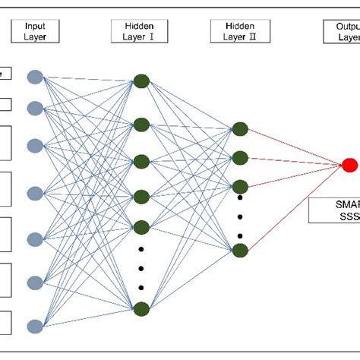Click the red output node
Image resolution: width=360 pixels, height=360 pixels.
coord(350,165)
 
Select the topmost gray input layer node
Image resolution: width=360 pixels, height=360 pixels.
coord(35,76)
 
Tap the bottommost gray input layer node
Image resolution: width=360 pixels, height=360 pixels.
coord(35,326)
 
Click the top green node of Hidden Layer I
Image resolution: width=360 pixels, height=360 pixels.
coord(141,81)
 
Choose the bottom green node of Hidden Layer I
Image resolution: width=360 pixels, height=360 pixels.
coord(141,308)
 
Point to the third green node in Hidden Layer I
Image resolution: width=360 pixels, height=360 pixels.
coord(141,161)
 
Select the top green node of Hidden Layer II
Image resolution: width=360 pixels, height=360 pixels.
coord(240,129)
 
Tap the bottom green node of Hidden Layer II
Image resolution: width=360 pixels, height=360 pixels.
coord(240,250)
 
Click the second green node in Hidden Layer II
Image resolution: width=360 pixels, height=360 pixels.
coord(240,158)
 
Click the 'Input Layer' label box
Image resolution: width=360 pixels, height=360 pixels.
coord(35,31)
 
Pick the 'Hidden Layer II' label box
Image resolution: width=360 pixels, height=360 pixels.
coord(238,31)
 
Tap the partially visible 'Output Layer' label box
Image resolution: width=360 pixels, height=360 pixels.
coord(346,31)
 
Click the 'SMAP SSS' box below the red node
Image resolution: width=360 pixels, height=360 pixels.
coord(334,210)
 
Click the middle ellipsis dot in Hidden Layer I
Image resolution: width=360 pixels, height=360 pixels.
coord(141,267)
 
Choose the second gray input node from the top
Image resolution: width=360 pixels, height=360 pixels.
coord(35,107)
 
